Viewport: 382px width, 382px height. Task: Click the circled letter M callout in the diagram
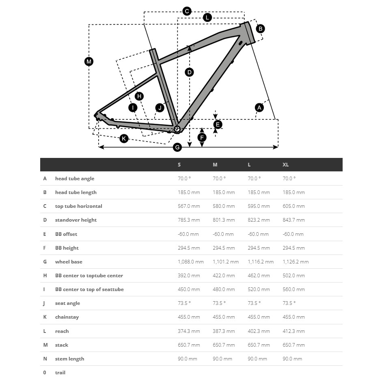tap(89, 62)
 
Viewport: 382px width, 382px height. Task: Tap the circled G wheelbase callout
tap(177, 147)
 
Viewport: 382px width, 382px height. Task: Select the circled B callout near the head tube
tap(260, 28)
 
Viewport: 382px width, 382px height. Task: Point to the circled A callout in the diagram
tap(259, 108)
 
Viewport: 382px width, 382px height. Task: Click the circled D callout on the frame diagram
tap(189, 72)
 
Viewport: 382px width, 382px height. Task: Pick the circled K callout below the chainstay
tap(124, 138)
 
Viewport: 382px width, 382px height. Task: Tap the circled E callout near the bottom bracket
tap(217, 125)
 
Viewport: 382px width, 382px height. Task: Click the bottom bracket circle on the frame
tap(177, 129)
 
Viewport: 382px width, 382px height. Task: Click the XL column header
tap(285, 165)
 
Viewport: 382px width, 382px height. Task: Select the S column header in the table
tap(179, 165)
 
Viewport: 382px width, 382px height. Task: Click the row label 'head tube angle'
tap(75, 179)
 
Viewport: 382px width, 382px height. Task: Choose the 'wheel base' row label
tap(69, 262)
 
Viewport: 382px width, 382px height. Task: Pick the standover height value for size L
tap(259, 220)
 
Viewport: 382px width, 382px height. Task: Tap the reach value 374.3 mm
tap(189, 331)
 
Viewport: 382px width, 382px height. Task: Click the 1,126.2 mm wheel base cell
tap(296, 262)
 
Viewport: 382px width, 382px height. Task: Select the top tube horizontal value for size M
tap(224, 206)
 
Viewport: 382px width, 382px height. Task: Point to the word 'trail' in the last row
tap(60, 373)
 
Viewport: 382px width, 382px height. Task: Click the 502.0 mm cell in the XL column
tap(294, 276)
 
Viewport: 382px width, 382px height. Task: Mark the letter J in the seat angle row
tap(45, 303)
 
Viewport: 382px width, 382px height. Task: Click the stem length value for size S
tap(187, 359)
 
